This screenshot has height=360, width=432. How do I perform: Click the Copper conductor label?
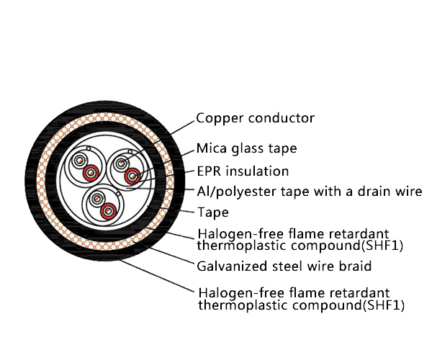[x=256, y=118]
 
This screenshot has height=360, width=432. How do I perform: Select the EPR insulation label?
[x=243, y=171]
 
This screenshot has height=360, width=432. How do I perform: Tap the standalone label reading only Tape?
[x=212, y=212]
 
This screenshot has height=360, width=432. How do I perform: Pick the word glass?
[x=247, y=149]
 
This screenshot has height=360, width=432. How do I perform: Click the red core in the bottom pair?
[x=108, y=210]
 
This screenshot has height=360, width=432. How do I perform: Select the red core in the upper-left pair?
[x=90, y=173]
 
